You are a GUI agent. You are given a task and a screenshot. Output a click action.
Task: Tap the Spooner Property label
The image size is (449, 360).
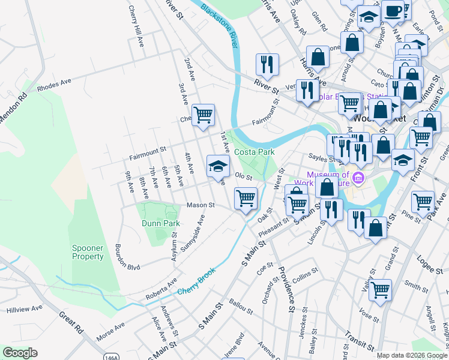coord(88,252)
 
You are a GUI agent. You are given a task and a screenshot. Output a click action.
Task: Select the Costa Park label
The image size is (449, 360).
coord(254,152)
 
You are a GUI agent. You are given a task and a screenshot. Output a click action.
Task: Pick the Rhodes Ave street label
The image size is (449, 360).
coord(54,85)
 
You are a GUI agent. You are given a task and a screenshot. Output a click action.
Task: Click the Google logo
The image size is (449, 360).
coord(20,353)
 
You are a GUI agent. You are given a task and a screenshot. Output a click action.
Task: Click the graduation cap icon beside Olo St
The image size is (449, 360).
coord(218,166)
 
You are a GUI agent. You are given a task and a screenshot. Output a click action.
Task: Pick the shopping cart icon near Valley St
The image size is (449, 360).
coord(380,290)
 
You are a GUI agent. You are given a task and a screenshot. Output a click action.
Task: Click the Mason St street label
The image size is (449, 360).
coord(200,205)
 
